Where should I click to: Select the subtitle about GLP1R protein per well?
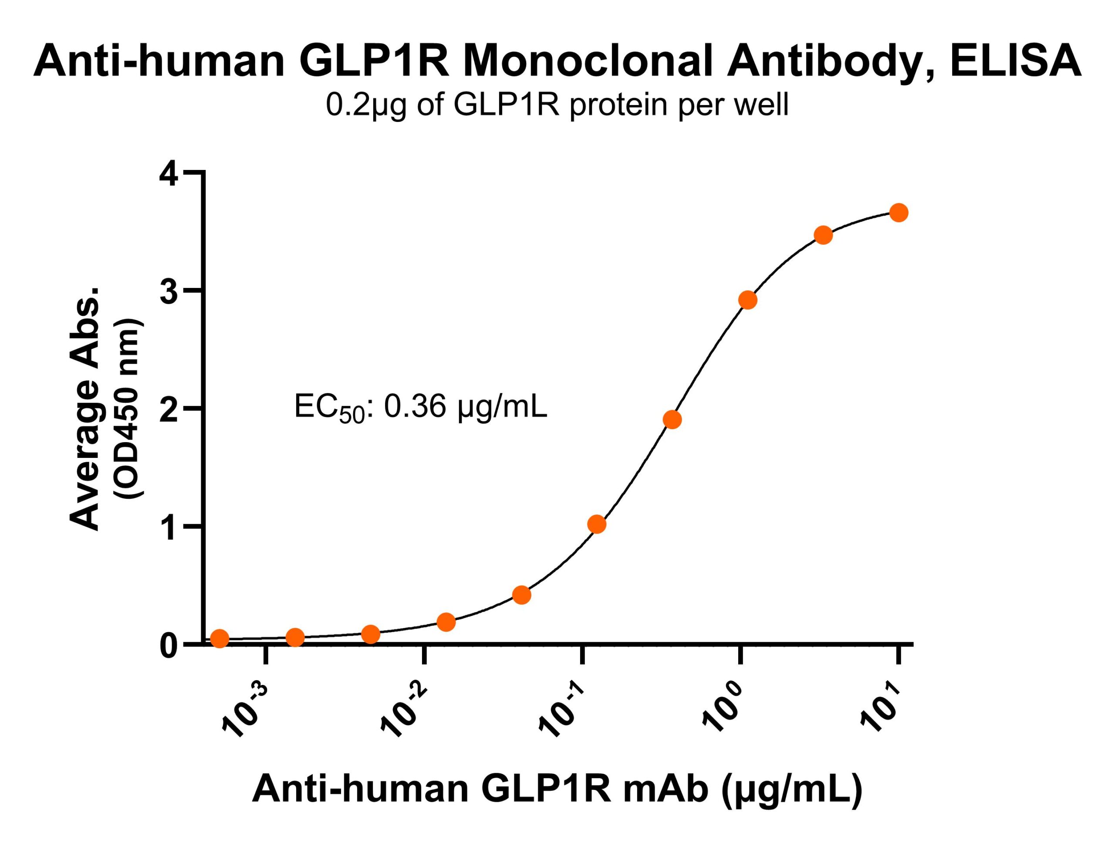557,105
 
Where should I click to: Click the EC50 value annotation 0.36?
414,407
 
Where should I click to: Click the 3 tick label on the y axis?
169,294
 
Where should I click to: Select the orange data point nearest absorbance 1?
597,525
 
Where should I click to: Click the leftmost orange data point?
219,638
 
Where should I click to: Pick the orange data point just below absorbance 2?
672,420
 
